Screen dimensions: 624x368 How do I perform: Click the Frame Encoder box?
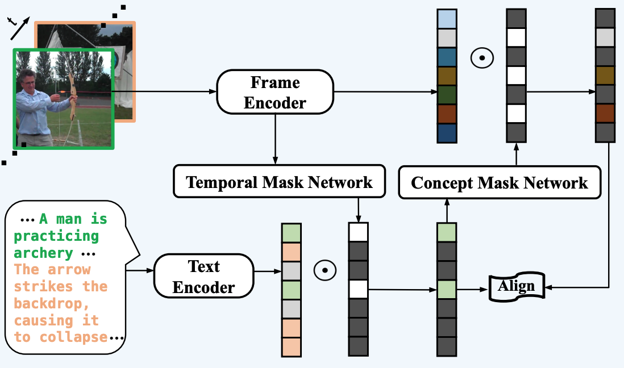click(275, 92)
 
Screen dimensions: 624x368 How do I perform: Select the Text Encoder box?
click(204, 276)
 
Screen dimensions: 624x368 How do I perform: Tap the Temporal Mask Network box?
click(280, 181)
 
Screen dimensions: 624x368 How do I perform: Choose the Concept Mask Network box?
click(500, 182)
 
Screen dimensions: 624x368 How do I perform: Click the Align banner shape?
click(517, 287)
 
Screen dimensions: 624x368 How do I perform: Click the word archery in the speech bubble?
click(43, 253)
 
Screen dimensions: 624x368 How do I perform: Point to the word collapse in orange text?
click(74, 337)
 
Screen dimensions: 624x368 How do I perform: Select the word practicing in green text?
click(56, 236)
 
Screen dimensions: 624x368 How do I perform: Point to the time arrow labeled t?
click(20, 28)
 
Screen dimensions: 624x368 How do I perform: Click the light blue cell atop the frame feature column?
click(447, 19)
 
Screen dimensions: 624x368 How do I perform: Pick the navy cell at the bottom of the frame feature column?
click(447, 133)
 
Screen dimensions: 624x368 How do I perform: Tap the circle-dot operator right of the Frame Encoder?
click(482, 58)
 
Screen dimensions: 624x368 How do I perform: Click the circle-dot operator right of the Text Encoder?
click(325, 270)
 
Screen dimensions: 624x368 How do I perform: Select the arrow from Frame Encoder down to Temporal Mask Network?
click(275, 139)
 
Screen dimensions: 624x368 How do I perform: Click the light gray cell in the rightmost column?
click(605, 37)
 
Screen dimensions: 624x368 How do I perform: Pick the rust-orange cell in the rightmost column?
click(605, 114)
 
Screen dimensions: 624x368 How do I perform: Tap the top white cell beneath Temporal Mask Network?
click(358, 232)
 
